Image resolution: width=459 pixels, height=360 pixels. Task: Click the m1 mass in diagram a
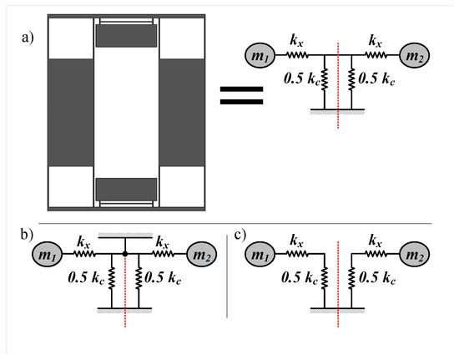(x=260, y=55)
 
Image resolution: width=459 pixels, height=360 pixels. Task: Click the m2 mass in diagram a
(x=415, y=55)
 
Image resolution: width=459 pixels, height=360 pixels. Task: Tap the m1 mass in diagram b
(x=47, y=254)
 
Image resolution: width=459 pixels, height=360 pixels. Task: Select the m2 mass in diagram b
(x=202, y=254)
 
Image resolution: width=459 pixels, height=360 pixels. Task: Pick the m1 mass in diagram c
(x=260, y=254)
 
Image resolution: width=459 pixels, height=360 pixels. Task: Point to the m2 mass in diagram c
(x=415, y=254)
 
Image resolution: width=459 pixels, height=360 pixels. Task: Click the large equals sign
(x=241, y=95)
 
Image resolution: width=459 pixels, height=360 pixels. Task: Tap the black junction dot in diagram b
(x=125, y=254)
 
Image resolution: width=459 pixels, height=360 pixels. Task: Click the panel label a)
(x=28, y=38)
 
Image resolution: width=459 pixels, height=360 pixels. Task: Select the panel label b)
(x=27, y=235)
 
